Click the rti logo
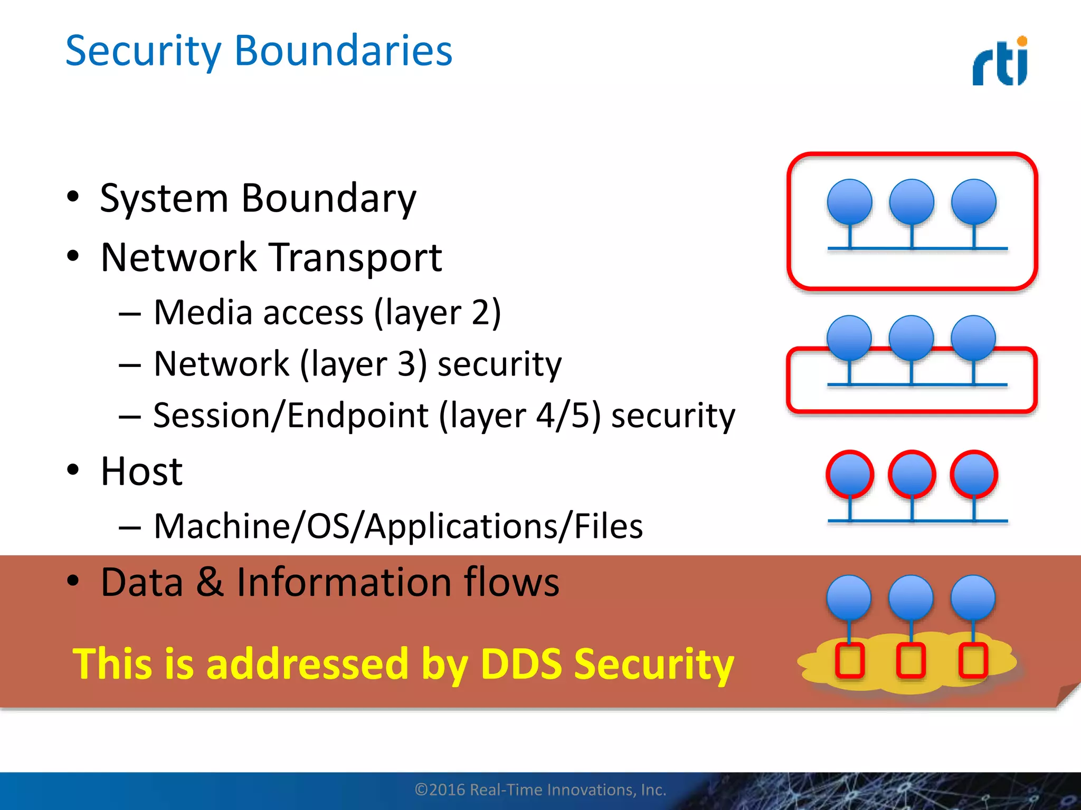pos(1000,62)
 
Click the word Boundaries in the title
pos(343,51)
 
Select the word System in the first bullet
pos(164,198)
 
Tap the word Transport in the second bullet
pos(356,258)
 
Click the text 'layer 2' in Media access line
pos(438,313)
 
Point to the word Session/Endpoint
pos(291,416)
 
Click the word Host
pos(141,471)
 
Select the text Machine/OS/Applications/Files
pos(398,526)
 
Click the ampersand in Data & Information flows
pos(210,582)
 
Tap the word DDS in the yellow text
pos(521,663)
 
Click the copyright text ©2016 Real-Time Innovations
pos(540,789)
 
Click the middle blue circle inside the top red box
pos(912,202)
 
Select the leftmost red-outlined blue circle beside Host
pos(850,474)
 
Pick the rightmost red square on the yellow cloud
pos(973,660)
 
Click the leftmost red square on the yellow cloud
pos(850,660)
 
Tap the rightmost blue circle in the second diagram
pos(973,337)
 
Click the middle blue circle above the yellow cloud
pos(911,597)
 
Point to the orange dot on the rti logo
pos(1022,41)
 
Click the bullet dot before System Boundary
pos(73,197)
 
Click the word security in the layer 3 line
pos(499,364)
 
